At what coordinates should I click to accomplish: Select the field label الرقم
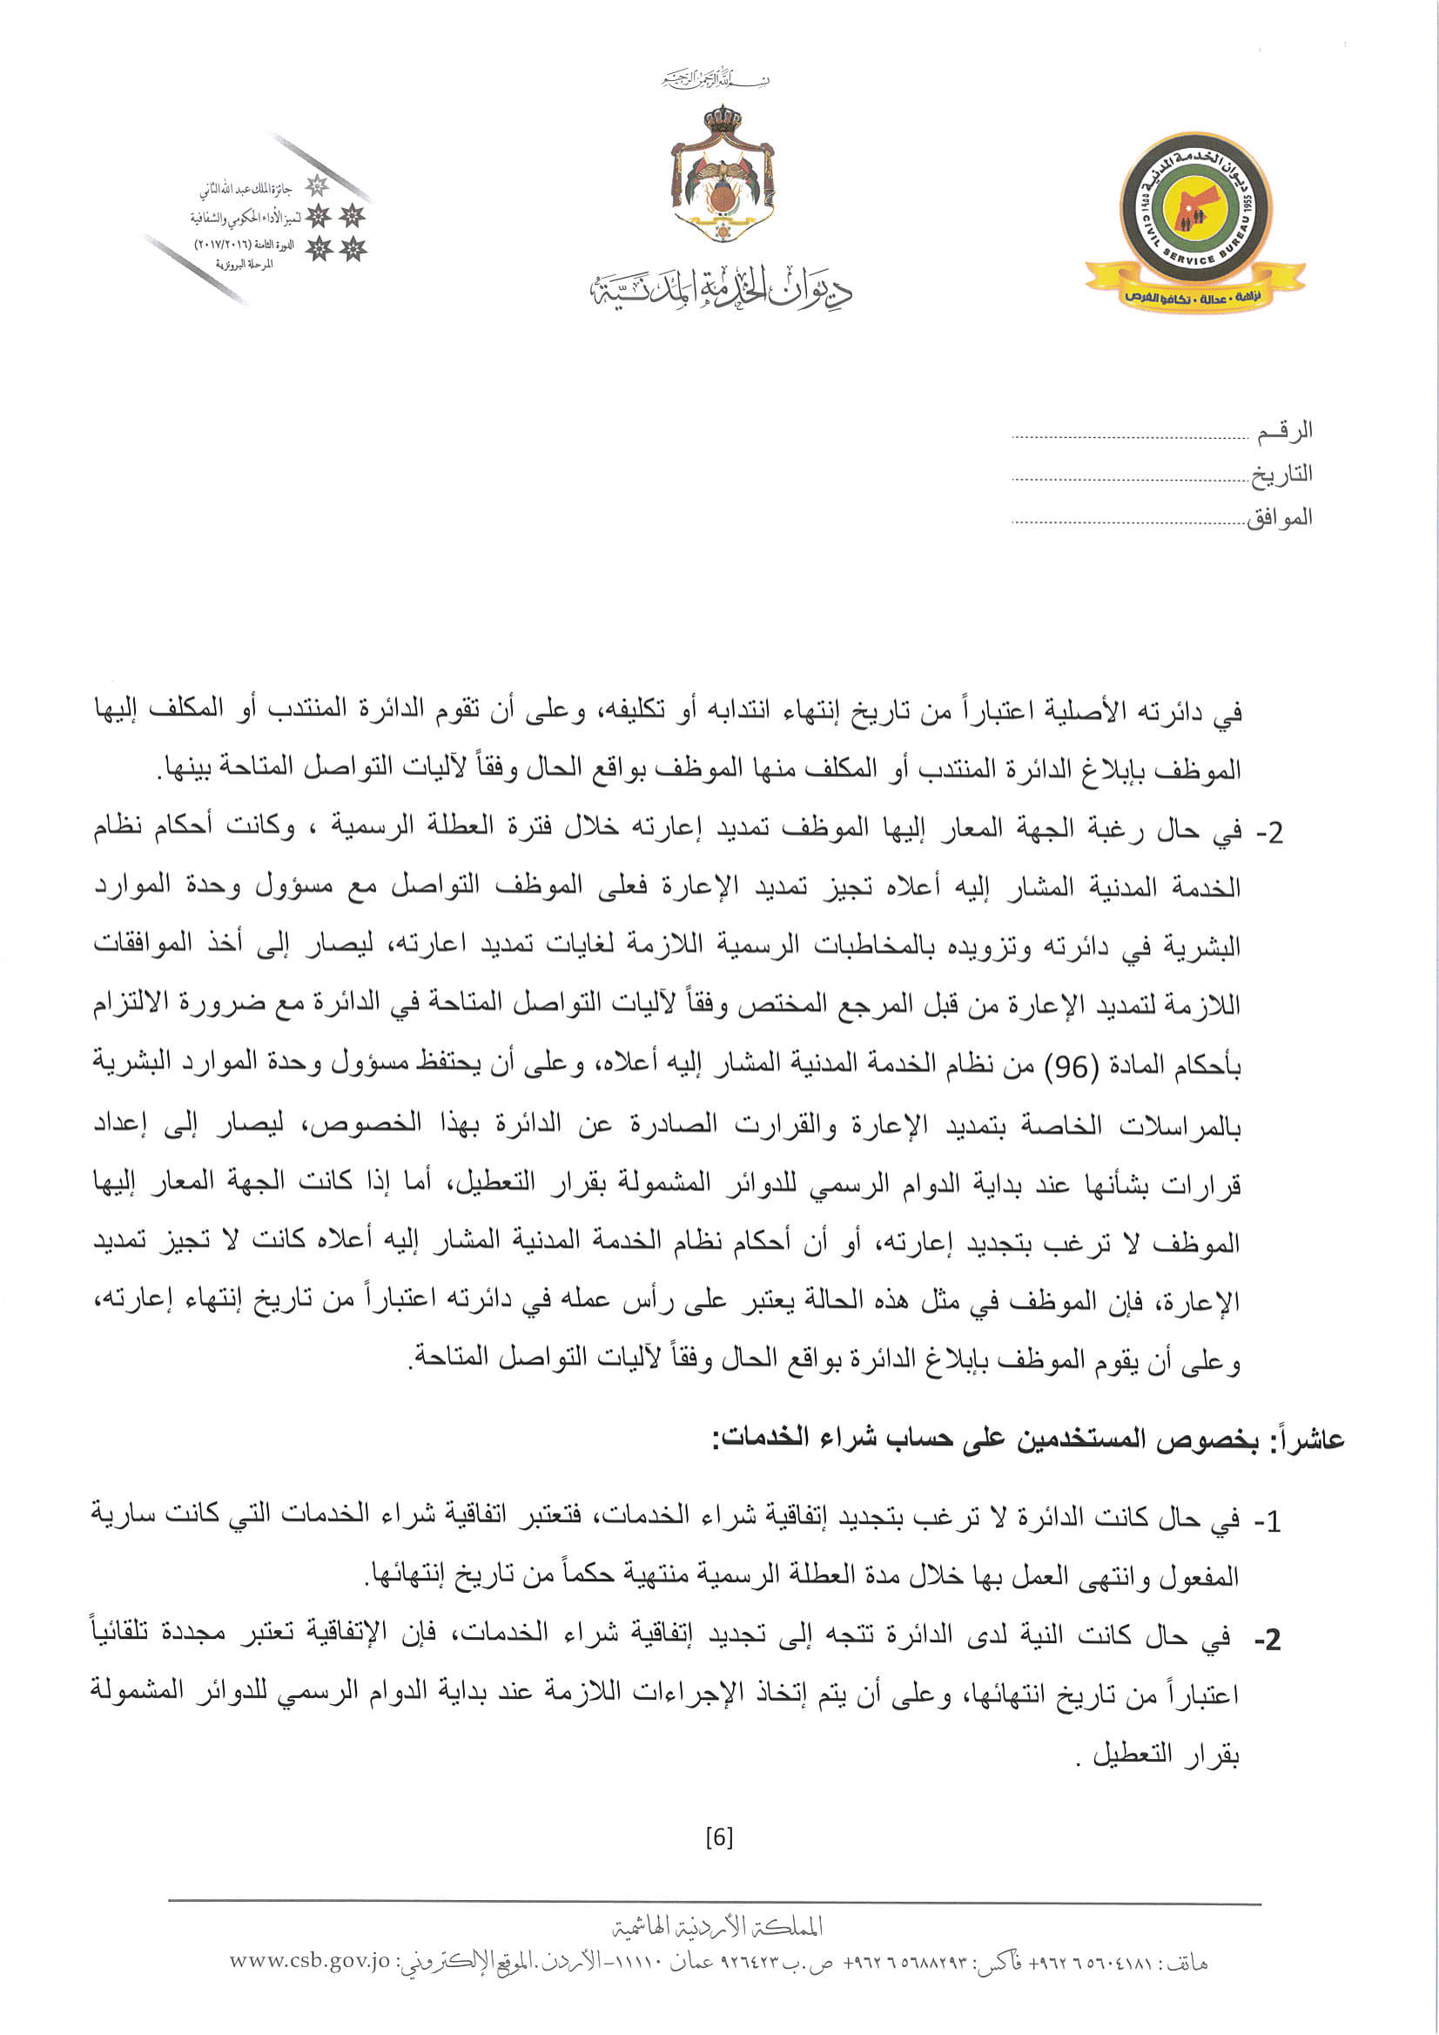[x=1286, y=433]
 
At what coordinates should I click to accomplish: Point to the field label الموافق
[x=1279, y=518]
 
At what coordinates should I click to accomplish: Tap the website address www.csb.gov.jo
[x=309, y=1961]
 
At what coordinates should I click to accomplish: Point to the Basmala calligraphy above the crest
[x=715, y=82]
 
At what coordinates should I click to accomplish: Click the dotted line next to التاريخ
[x=1130, y=480]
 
